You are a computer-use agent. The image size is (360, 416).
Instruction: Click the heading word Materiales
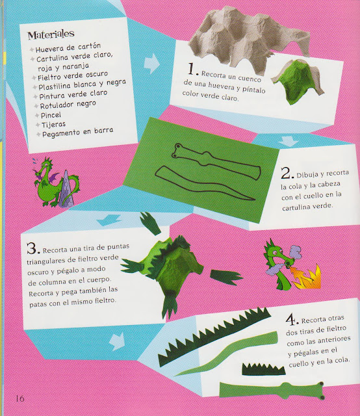click(x=51, y=34)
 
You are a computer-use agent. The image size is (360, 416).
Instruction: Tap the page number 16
click(x=20, y=398)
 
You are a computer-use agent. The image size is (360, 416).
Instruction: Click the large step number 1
click(x=192, y=70)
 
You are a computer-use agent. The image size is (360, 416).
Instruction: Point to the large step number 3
click(x=33, y=248)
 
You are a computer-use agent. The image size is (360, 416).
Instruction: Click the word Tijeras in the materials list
click(x=53, y=124)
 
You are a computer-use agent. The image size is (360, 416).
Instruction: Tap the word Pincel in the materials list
click(x=51, y=115)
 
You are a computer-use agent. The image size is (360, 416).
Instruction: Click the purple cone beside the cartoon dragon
click(x=66, y=189)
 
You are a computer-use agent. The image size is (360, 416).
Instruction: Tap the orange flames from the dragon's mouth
click(x=307, y=278)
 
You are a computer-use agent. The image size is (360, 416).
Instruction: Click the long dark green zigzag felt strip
click(x=214, y=335)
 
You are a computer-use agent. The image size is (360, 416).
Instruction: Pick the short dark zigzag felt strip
click(x=263, y=369)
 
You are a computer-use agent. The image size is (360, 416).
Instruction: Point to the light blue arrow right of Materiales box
click(x=152, y=64)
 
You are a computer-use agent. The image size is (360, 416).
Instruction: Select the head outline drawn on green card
click(x=216, y=161)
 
